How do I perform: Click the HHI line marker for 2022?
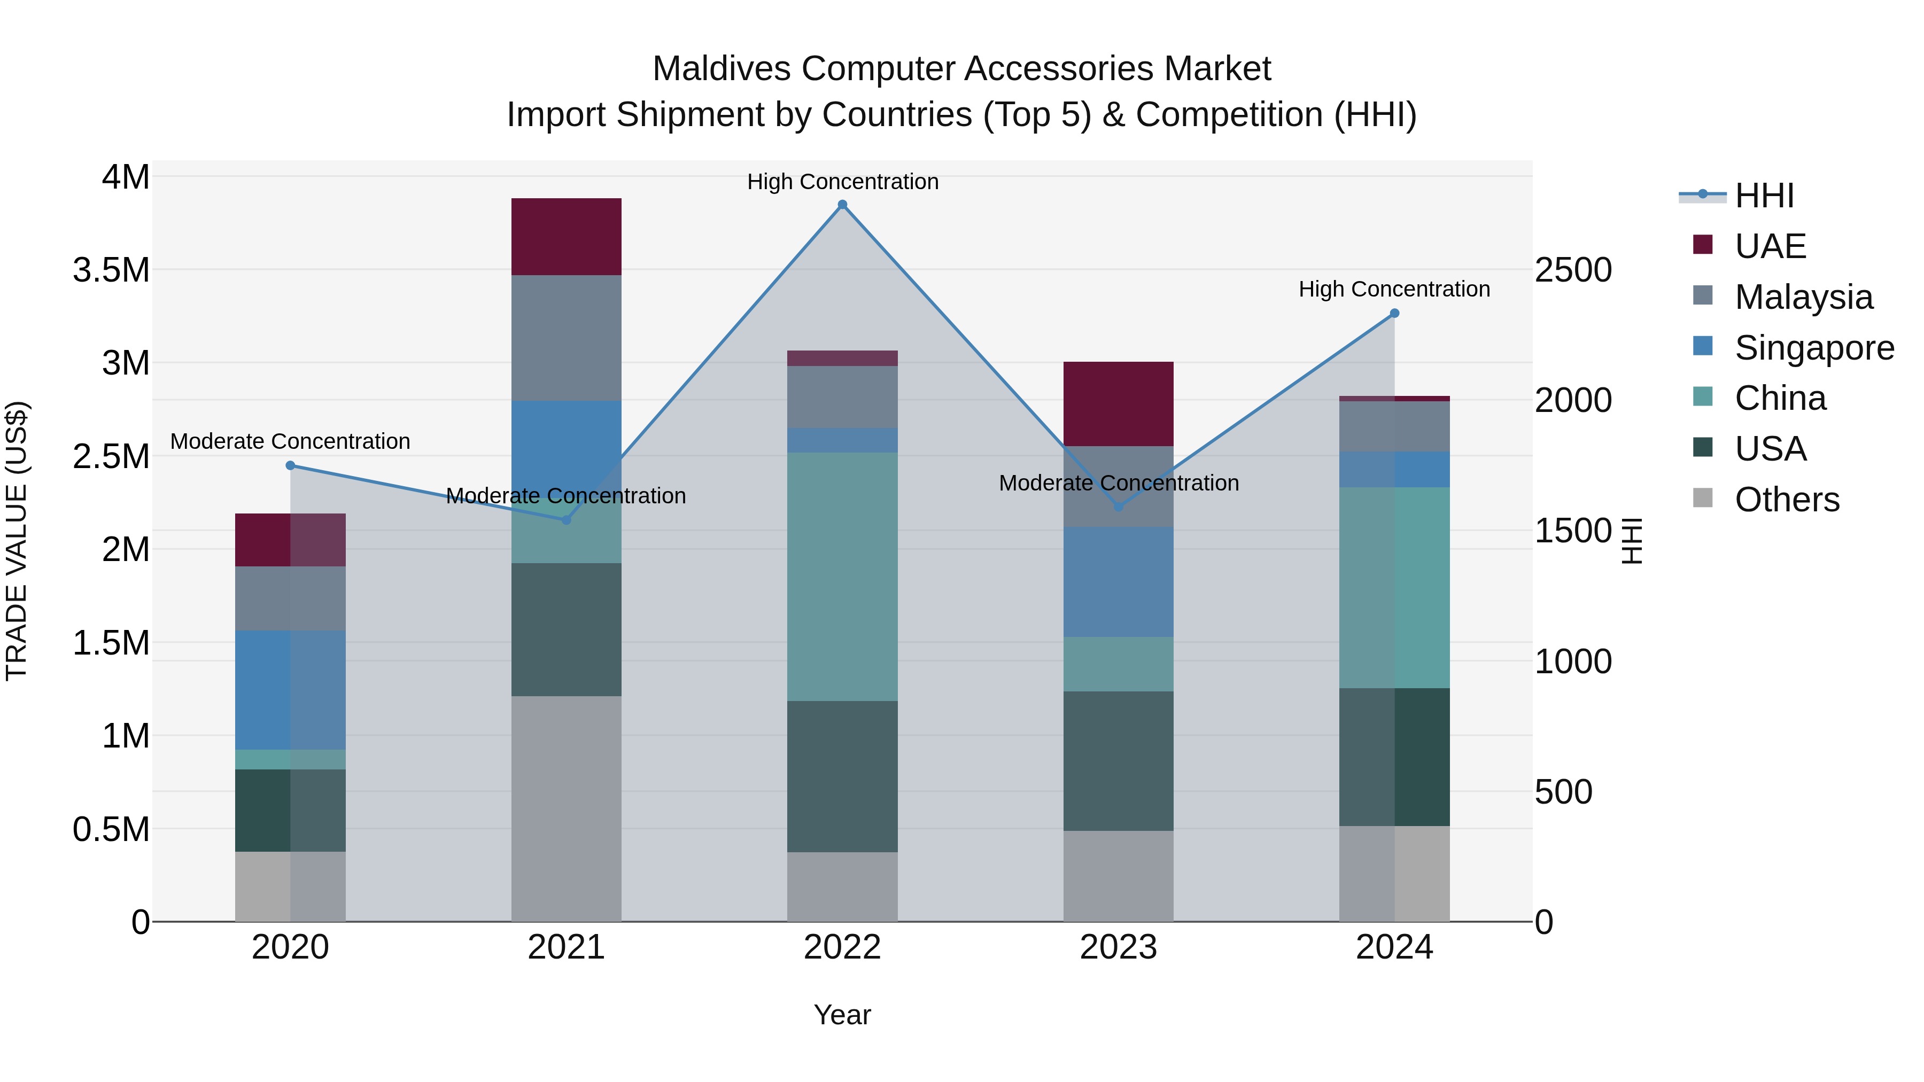(x=842, y=205)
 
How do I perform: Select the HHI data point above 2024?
(x=1394, y=314)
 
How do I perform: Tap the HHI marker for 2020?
(x=291, y=465)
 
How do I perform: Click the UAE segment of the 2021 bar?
(x=566, y=237)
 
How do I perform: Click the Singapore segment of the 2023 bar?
(x=1118, y=582)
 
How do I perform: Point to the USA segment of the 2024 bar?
(x=1394, y=757)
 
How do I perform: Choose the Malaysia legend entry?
(x=1803, y=297)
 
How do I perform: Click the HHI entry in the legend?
(x=1764, y=196)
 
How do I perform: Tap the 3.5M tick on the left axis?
(x=111, y=270)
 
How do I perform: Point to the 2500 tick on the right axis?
(x=1573, y=270)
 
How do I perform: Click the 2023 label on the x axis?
(x=1118, y=947)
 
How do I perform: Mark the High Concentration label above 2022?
(x=842, y=182)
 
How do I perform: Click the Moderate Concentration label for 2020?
(x=291, y=441)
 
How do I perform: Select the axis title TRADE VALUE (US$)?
(x=17, y=541)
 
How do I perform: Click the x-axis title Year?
(x=842, y=1015)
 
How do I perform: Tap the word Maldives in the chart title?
(x=721, y=69)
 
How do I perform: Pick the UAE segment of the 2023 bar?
(x=1118, y=404)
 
